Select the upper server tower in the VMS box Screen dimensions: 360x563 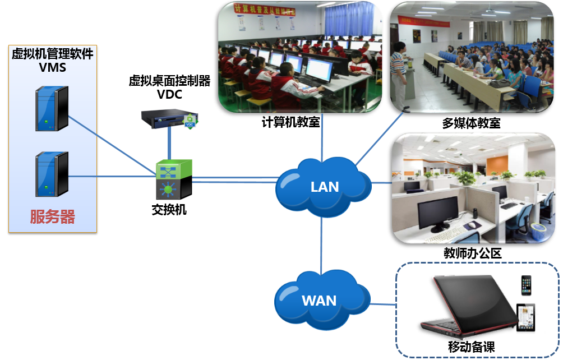click(52, 109)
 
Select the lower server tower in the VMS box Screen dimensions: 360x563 click(52, 174)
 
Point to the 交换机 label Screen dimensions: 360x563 click(169, 210)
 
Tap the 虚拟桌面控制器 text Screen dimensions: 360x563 click(169, 81)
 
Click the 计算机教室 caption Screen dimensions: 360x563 click(290, 122)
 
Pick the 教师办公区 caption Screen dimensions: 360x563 click(472, 253)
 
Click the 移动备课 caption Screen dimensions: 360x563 click(472, 347)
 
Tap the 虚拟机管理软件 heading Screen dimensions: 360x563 click(53, 54)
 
